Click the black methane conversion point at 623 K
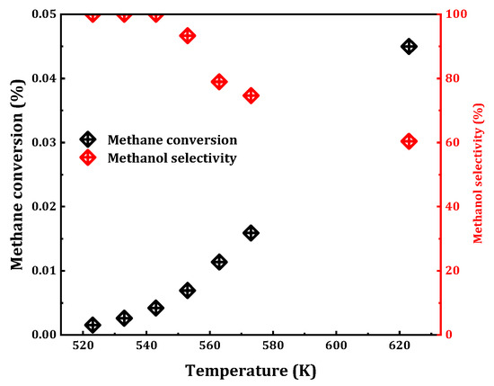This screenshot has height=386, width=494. [409, 46]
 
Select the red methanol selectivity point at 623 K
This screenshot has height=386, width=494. [409, 141]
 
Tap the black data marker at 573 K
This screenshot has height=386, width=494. [251, 233]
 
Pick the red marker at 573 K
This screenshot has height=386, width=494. [251, 95]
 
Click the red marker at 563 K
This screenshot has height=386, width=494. [219, 82]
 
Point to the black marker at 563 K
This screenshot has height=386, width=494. [219, 262]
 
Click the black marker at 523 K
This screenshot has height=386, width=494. [93, 325]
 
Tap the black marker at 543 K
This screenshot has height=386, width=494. [156, 308]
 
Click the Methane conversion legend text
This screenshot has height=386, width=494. [172, 139]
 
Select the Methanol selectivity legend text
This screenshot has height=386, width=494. [172, 158]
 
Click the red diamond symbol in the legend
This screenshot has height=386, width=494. [87, 157]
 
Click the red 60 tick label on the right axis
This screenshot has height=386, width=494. [455, 142]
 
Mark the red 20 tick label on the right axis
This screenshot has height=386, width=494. [455, 271]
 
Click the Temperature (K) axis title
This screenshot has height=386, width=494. [251, 370]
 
